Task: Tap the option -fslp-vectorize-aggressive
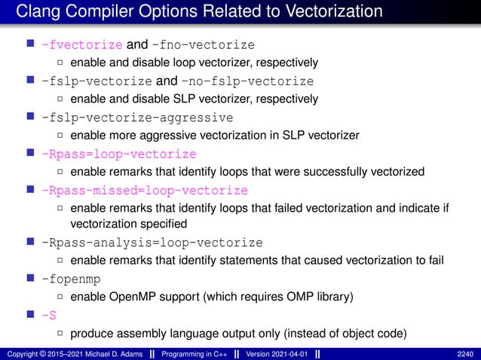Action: (137, 117)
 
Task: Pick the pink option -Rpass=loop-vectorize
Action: (119, 154)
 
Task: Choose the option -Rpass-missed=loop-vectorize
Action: (145, 190)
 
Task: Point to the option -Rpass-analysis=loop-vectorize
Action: (152, 243)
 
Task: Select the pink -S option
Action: (49, 316)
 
